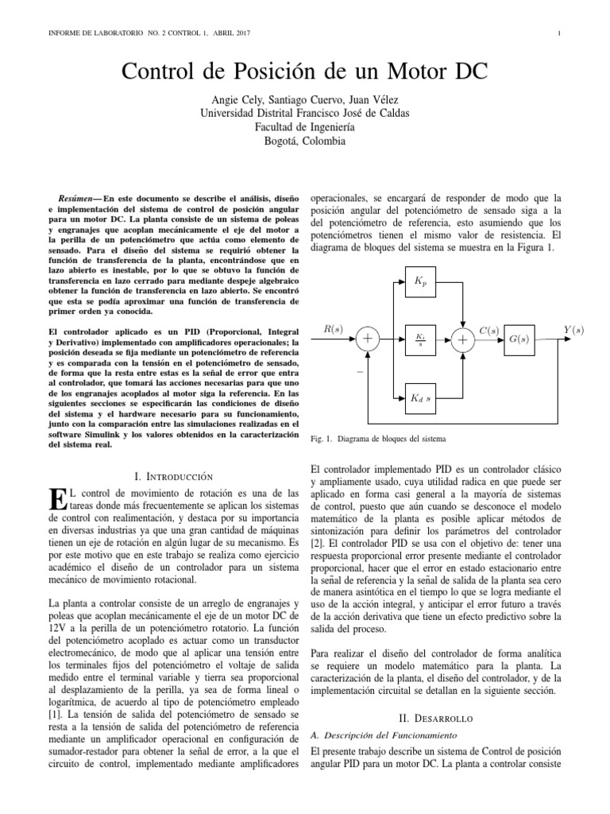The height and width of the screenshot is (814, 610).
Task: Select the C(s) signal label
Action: (x=489, y=328)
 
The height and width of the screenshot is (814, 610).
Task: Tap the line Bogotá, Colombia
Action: (x=305, y=140)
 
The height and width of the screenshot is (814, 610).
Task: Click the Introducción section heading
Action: (x=175, y=476)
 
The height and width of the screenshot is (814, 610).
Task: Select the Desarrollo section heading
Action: (x=436, y=715)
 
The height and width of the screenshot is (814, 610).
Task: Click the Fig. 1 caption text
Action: (x=378, y=438)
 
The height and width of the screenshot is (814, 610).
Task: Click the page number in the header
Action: (x=560, y=33)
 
